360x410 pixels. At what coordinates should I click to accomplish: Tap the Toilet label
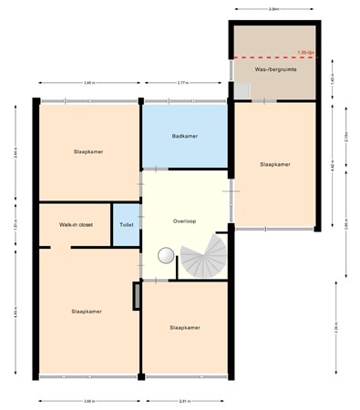click(x=125, y=223)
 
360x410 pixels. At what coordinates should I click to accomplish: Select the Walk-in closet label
click(x=75, y=223)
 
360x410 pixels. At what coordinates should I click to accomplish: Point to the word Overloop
click(x=185, y=221)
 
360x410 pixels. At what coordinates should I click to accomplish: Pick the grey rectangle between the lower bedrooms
click(x=137, y=297)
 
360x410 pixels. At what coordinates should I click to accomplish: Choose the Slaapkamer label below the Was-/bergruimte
click(x=274, y=165)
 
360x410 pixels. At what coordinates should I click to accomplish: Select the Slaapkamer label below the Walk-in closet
click(x=87, y=311)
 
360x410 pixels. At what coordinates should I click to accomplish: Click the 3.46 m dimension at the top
click(x=87, y=83)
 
